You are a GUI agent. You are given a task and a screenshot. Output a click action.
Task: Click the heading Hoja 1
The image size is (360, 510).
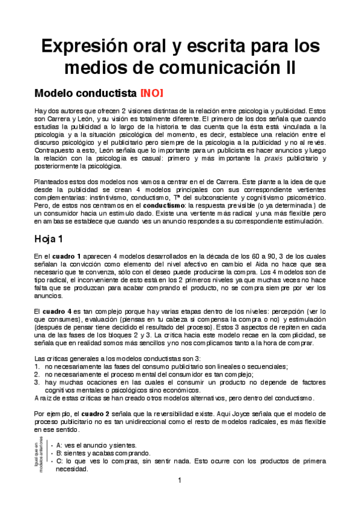52,239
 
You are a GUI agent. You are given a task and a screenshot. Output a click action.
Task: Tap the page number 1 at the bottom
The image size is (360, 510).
179,481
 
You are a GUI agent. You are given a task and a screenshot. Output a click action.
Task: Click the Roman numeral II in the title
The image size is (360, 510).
288,67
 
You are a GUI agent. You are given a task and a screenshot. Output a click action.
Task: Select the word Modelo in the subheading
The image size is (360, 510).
55,94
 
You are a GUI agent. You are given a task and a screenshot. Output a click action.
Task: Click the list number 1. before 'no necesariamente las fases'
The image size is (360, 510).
37,366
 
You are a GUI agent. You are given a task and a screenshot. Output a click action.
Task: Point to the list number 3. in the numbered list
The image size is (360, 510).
37,382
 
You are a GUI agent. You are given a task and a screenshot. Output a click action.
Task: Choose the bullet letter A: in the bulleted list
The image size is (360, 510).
59,445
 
